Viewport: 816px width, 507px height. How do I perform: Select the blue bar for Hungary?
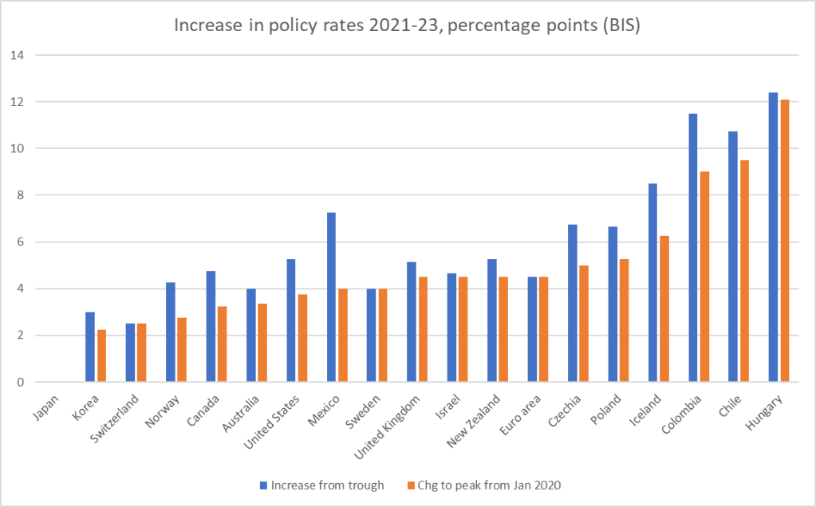tap(773, 238)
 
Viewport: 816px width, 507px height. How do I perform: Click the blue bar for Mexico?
tap(331, 297)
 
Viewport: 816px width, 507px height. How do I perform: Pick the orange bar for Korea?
tap(101, 356)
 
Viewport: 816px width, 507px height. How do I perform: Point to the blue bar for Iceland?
tap(652, 283)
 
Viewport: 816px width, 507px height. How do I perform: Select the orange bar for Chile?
tap(744, 271)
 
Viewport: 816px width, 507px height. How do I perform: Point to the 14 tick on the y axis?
tap(17, 56)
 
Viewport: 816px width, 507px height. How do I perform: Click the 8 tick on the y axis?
tap(17, 195)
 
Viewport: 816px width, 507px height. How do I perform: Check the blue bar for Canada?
tap(211, 327)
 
